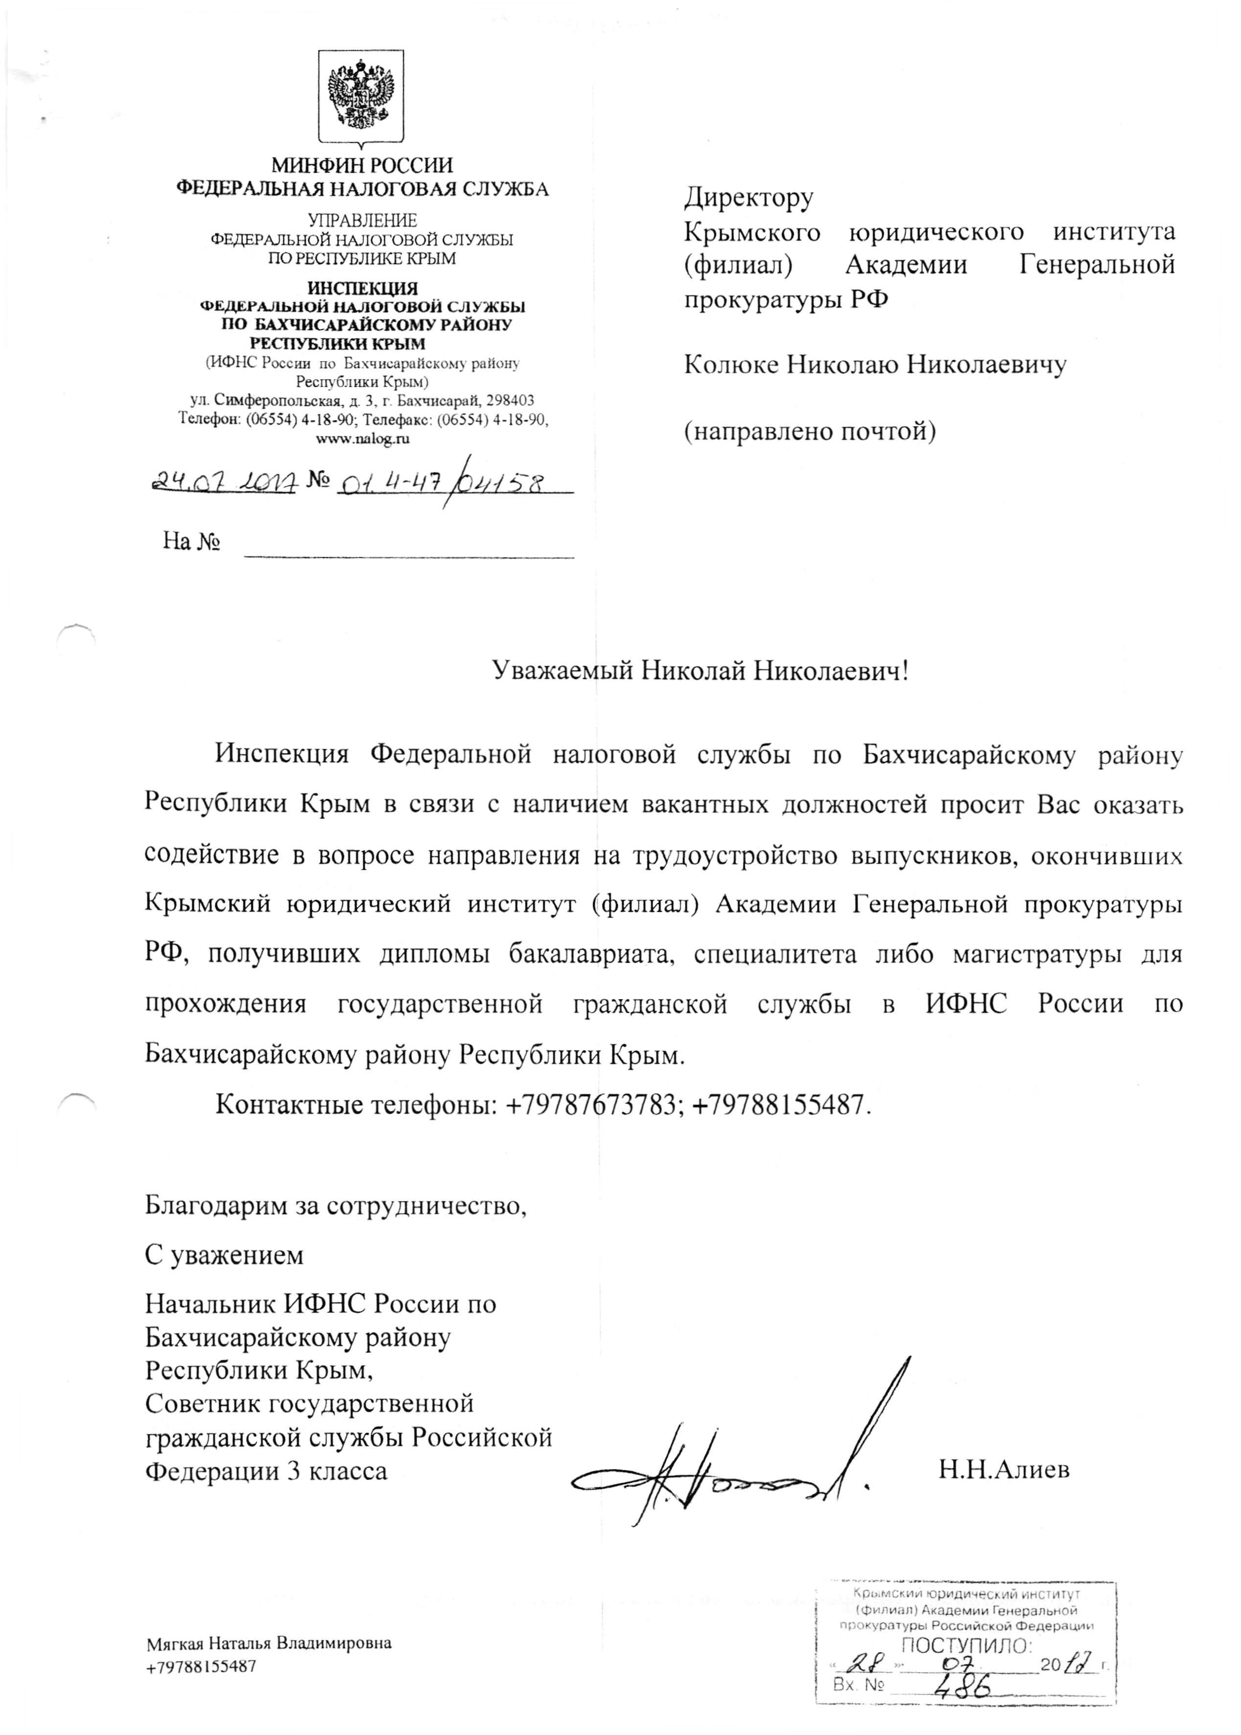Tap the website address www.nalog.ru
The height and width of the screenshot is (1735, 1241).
[362, 439]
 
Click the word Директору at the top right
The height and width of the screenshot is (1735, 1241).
[749, 197]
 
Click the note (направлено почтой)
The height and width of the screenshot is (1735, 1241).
[810, 432]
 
